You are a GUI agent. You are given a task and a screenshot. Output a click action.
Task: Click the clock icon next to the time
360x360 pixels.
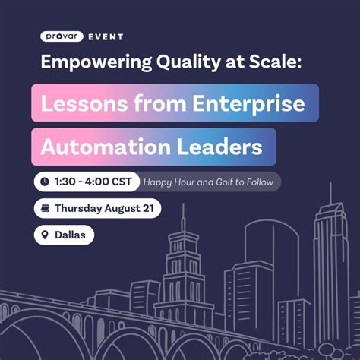click(x=45, y=182)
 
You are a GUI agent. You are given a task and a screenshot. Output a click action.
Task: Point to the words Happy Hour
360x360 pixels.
click(x=169, y=182)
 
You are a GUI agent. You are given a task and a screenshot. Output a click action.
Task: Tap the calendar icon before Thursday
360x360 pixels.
click(x=45, y=208)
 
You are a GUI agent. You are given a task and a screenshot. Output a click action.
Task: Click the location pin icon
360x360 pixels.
click(x=45, y=235)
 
